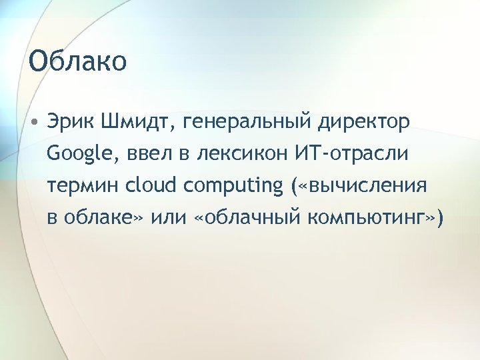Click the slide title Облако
[78, 61]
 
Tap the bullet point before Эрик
[33, 123]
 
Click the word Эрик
[72, 123]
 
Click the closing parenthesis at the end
[437, 219]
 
